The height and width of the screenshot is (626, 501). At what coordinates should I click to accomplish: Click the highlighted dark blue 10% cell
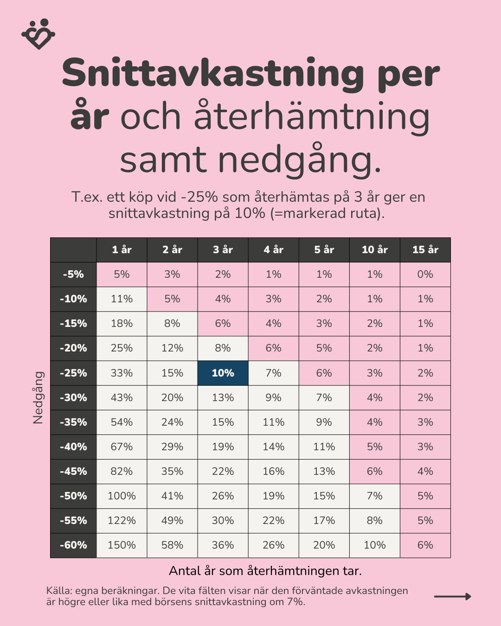pyautogui.click(x=223, y=373)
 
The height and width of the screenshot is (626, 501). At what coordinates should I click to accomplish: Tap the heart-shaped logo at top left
pyautogui.click(x=39, y=34)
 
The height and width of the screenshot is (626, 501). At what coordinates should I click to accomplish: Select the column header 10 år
pyautogui.click(x=374, y=249)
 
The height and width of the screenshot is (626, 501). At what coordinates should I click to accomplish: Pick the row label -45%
pyautogui.click(x=73, y=472)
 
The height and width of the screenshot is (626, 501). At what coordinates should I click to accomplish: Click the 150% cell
pyautogui.click(x=122, y=545)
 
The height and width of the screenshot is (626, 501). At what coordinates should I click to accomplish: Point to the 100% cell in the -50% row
pyautogui.click(x=122, y=496)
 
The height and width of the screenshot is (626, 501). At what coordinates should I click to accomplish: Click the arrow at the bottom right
pyautogui.click(x=452, y=596)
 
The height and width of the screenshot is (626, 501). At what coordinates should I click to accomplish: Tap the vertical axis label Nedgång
pyautogui.click(x=38, y=397)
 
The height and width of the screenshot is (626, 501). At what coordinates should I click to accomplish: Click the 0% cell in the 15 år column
pyautogui.click(x=425, y=275)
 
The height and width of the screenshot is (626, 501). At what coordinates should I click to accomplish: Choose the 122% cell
pyautogui.click(x=122, y=521)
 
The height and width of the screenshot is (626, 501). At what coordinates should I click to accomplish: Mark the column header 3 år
pyautogui.click(x=223, y=249)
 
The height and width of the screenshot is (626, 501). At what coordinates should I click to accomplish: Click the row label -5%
pyautogui.click(x=73, y=275)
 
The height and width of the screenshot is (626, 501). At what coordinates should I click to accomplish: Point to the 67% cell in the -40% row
pyautogui.click(x=122, y=447)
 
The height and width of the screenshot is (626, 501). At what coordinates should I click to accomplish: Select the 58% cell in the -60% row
pyautogui.click(x=172, y=545)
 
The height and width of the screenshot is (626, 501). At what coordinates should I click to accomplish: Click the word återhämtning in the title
pyautogui.click(x=311, y=117)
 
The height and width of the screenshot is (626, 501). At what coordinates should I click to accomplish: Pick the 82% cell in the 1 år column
pyautogui.click(x=122, y=472)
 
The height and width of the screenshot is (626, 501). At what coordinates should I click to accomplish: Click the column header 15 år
pyautogui.click(x=425, y=249)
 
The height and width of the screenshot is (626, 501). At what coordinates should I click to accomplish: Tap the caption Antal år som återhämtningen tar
pyautogui.click(x=265, y=571)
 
